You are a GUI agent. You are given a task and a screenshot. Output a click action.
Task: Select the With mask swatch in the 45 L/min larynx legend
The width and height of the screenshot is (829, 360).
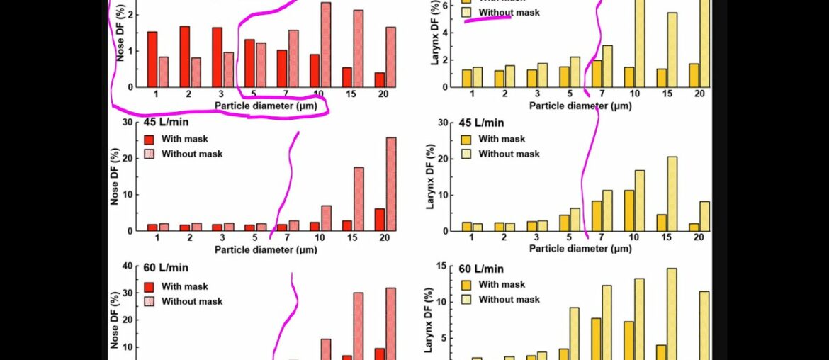tap(466, 140)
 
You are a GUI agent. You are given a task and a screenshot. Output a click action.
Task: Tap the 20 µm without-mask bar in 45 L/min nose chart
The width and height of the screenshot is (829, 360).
tap(390, 184)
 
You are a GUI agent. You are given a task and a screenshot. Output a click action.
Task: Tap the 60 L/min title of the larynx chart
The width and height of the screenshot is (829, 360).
tap(481, 269)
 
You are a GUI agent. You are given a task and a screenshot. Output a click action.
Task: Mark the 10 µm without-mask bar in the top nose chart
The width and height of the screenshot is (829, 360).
tap(325, 45)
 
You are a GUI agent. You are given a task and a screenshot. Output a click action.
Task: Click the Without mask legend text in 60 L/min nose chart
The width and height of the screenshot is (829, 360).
tap(192, 301)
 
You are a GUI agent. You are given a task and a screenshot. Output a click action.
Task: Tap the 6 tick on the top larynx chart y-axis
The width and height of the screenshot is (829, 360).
tap(446, 5)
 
